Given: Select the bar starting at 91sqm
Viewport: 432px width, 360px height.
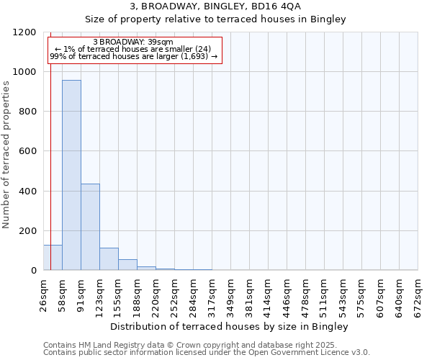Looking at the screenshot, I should [90, 227].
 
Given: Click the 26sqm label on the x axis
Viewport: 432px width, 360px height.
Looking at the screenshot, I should [43, 293].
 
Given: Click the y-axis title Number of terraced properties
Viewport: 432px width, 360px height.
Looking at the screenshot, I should [6, 155].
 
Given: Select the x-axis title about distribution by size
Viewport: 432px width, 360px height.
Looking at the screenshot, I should [230, 327].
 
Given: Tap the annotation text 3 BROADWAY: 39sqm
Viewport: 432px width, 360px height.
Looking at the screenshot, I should [133, 42].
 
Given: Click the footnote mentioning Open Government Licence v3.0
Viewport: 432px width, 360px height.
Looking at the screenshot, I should [207, 353].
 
